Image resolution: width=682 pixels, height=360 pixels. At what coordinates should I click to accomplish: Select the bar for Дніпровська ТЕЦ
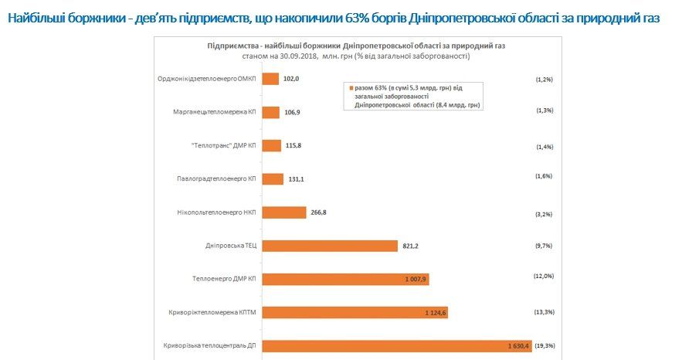(x=330, y=246)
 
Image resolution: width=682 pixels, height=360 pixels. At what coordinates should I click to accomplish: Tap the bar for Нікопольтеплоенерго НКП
(x=284, y=212)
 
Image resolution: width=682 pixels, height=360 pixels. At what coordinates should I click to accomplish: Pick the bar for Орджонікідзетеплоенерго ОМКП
(x=270, y=79)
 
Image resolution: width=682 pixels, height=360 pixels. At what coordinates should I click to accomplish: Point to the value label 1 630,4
(x=518, y=346)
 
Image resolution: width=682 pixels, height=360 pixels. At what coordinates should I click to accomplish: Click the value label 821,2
(x=410, y=246)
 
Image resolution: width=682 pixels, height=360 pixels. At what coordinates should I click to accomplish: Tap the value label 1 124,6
(x=436, y=313)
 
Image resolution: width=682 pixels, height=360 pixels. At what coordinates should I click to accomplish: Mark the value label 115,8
(x=292, y=145)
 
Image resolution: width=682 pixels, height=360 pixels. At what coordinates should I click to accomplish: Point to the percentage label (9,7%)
(x=544, y=245)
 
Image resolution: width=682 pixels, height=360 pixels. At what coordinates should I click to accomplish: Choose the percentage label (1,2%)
(x=544, y=79)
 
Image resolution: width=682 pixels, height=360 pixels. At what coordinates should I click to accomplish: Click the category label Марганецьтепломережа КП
(x=215, y=112)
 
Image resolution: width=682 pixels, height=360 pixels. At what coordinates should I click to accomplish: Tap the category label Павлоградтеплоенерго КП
(x=215, y=179)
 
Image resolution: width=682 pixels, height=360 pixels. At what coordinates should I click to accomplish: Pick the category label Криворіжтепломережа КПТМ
(x=212, y=313)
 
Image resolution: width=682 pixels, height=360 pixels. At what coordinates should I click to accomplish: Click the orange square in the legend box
(x=351, y=87)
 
